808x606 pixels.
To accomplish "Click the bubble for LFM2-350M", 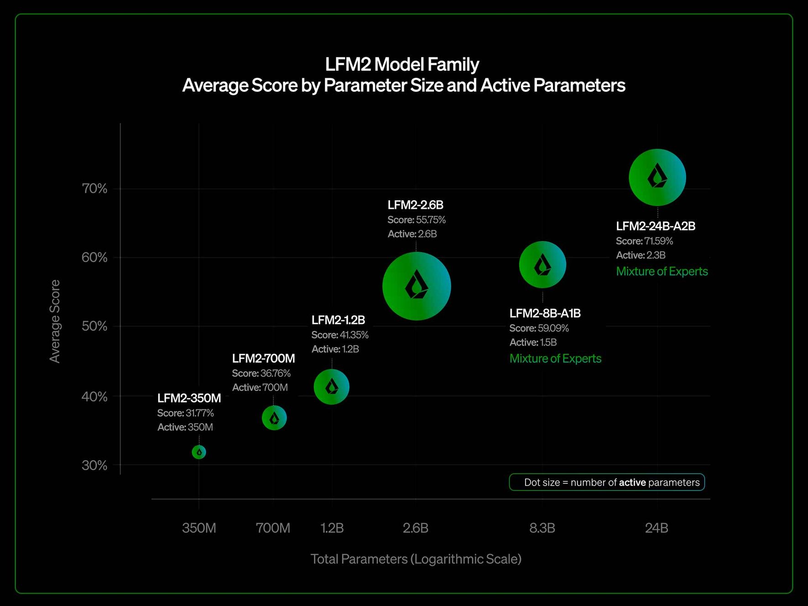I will tap(199, 452).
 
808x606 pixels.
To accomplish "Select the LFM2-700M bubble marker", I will tap(274, 418).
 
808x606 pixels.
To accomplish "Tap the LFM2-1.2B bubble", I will tap(332, 387).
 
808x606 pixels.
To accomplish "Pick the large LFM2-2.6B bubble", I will tap(417, 286).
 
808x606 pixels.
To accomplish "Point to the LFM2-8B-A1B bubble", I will tap(542, 265).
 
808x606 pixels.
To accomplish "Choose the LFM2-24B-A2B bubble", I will tap(657, 177).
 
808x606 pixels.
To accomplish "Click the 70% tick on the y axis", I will tap(94, 188).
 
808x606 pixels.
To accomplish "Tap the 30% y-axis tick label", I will tap(94, 465).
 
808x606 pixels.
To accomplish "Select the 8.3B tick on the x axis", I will tap(542, 528).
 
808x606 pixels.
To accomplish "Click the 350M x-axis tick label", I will tap(199, 528).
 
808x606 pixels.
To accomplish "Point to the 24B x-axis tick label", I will tap(657, 528).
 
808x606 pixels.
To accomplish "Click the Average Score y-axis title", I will tap(55, 321).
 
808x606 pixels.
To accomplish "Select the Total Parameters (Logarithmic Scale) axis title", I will tap(416, 559).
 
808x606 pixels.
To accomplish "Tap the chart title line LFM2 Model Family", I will tap(402, 64).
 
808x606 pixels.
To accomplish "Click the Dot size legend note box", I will tap(607, 482).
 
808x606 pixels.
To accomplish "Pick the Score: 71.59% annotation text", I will tap(644, 241).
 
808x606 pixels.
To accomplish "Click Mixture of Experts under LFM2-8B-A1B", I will tap(555, 359).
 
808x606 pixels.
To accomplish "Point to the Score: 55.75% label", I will tap(417, 220).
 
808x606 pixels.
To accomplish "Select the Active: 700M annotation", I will tap(260, 387).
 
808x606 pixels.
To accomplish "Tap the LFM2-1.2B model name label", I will tap(338, 320).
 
